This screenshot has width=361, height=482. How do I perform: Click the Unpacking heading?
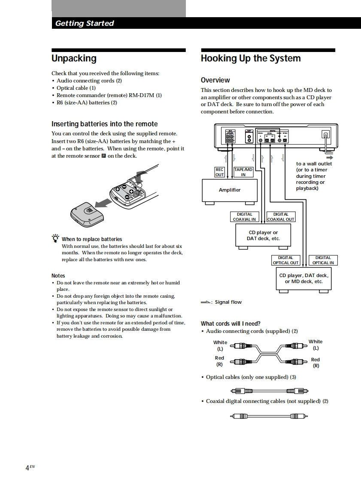pos(74,58)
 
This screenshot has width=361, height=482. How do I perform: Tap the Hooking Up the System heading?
pos(251,58)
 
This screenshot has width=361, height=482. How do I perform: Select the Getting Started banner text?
pos(85,23)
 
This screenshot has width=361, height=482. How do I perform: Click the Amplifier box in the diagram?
pos(230,190)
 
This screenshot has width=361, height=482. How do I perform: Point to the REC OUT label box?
pos(219,172)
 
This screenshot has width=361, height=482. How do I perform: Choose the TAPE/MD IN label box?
pos(243,172)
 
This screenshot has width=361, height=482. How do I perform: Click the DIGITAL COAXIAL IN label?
pos(244,217)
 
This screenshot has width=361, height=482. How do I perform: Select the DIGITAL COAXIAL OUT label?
pos(281,217)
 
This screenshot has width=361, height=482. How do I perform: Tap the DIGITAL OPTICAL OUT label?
pos(285,260)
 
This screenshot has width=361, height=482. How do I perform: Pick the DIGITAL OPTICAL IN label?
pos(323,260)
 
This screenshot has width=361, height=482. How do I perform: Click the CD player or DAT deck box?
pos(263,236)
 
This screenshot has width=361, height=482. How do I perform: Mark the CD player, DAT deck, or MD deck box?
pos(303,278)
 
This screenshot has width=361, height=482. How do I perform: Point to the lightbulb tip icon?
pos(55,238)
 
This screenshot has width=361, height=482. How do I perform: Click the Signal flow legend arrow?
pos(206,302)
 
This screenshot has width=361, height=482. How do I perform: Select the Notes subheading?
pos(58,275)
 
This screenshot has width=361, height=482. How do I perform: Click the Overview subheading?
pos(215,80)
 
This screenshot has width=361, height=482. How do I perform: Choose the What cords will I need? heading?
pos(231,323)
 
